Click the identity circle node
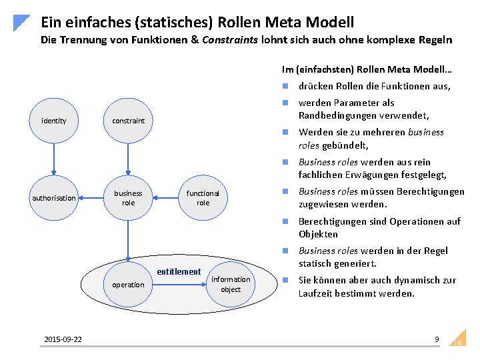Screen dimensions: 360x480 (53, 121)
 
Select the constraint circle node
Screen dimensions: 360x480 (128, 121)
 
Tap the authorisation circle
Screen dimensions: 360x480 (53, 198)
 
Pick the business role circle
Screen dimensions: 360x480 (128, 198)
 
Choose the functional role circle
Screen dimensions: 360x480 (203, 198)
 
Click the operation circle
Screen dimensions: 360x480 (128, 285)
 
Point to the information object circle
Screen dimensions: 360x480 (231, 285)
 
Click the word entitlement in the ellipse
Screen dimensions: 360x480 (178, 271)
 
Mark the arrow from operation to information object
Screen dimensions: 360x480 (179, 285)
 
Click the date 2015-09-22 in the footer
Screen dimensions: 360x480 (63, 340)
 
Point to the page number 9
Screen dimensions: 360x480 (437, 339)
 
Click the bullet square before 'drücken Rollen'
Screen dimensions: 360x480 (285, 86)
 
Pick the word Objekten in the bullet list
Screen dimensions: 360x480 (318, 234)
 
